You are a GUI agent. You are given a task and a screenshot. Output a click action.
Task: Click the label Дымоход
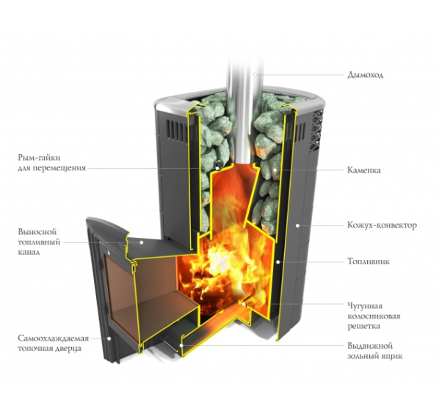[365, 75]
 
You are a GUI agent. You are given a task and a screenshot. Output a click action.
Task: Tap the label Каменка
[364, 170]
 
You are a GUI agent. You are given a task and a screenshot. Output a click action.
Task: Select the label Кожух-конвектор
[382, 225]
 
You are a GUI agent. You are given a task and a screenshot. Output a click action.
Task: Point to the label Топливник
[369, 261]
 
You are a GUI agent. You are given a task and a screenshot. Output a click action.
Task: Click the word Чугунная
[365, 305]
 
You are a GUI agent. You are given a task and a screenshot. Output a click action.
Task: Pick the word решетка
[363, 326]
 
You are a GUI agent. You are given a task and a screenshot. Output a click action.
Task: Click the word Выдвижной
[370, 346]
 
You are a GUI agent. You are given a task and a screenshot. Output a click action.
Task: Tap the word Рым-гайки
[39, 158]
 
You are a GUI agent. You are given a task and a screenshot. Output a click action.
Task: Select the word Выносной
[37, 232]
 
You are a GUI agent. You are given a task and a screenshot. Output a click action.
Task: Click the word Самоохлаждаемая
[53, 338]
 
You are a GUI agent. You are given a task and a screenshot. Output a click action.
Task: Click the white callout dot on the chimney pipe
[255, 75]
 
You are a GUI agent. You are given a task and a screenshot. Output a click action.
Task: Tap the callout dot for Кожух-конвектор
[297, 225]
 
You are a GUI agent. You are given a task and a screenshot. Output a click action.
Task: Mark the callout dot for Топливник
[278, 262]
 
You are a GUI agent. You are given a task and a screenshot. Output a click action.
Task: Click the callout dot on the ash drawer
[181, 345]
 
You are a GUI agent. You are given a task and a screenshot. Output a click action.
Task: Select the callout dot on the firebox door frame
[109, 338]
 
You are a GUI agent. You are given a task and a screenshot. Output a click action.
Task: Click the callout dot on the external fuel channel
[142, 242]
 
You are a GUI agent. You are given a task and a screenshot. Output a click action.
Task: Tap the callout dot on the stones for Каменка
[275, 170]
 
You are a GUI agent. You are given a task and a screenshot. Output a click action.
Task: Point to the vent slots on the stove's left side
[175, 129]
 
